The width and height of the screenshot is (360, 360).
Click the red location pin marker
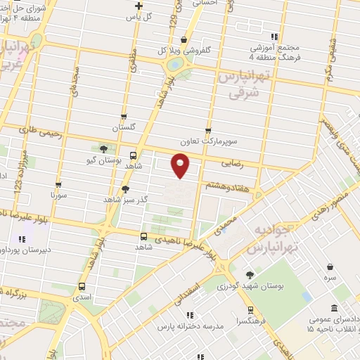coord(181,165)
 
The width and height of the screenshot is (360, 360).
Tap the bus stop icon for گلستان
coord(124,117)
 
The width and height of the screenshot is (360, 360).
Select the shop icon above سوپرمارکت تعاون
coord(208,130)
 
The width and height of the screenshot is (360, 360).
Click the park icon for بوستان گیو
coord(104,148)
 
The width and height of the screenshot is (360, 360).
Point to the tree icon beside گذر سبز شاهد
coord(125,188)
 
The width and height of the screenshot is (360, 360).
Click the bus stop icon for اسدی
coord(82,286)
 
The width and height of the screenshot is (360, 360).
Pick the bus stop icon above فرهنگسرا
coord(250,309)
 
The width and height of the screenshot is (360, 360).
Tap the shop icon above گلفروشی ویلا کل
coord(184,39)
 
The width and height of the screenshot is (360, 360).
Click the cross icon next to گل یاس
coord(139,6)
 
